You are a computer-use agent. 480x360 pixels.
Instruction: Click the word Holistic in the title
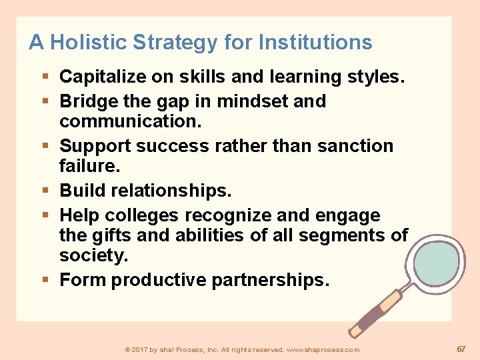point(89,43)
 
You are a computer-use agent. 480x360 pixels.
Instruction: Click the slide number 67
point(461,349)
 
